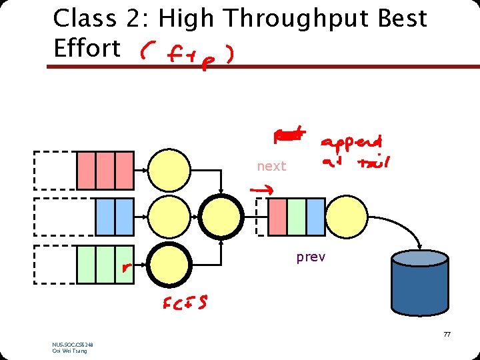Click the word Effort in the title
87,48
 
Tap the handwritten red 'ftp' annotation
186,54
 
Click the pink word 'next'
271,166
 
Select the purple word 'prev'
311,257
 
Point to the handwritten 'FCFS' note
185,303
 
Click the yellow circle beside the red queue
169,171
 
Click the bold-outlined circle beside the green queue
169,265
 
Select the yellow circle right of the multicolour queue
346,217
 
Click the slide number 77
447,334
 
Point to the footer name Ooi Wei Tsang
69,351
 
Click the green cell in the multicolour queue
297,217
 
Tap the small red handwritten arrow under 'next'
259,191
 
